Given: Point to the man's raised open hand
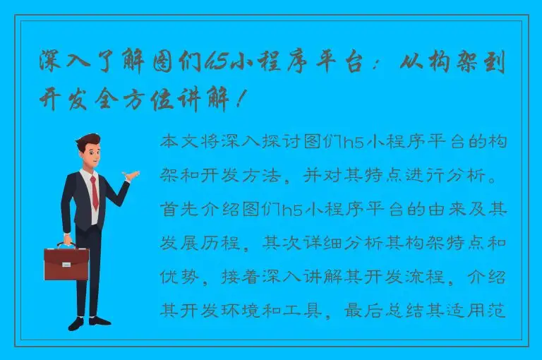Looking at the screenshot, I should tap(131, 174).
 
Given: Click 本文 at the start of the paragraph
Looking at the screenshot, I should tap(179, 142).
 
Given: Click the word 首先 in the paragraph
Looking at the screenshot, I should tap(179, 209).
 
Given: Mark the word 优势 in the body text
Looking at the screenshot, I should tap(179, 276).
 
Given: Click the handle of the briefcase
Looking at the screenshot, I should tap(66, 246).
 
